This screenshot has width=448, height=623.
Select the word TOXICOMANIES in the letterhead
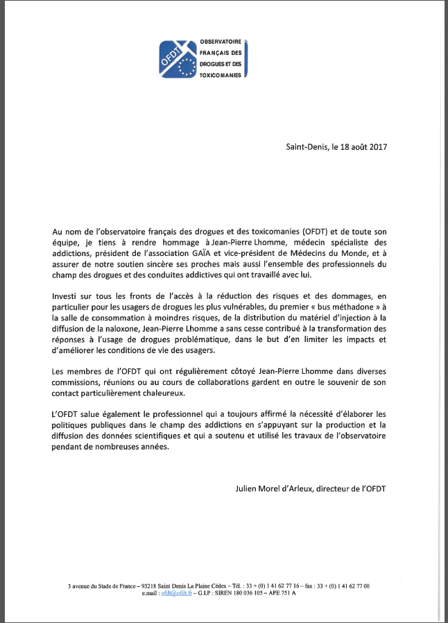pyautogui.click(x=220, y=75)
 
